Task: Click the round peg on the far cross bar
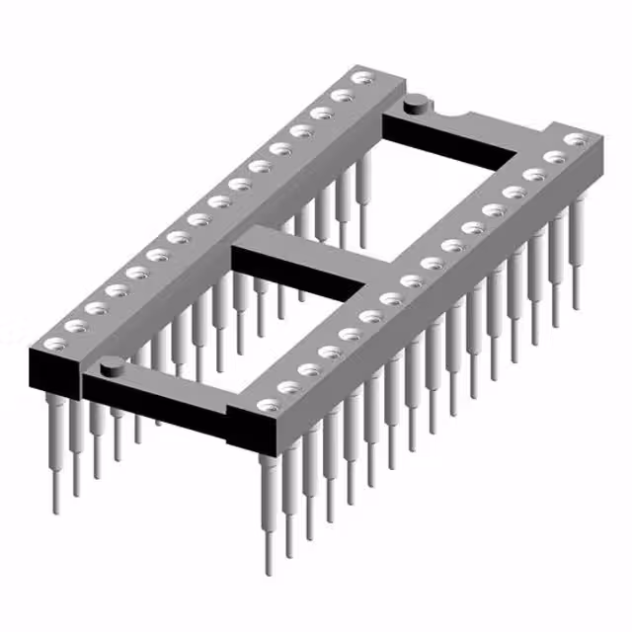[x=418, y=99]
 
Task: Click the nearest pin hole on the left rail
[x=55, y=344]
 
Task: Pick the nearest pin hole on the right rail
[x=268, y=404]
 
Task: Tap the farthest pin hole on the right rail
[x=575, y=138]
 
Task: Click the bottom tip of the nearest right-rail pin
[x=268, y=571]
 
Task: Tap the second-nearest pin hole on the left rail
[x=76, y=326]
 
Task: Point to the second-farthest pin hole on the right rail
[x=554, y=156]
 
